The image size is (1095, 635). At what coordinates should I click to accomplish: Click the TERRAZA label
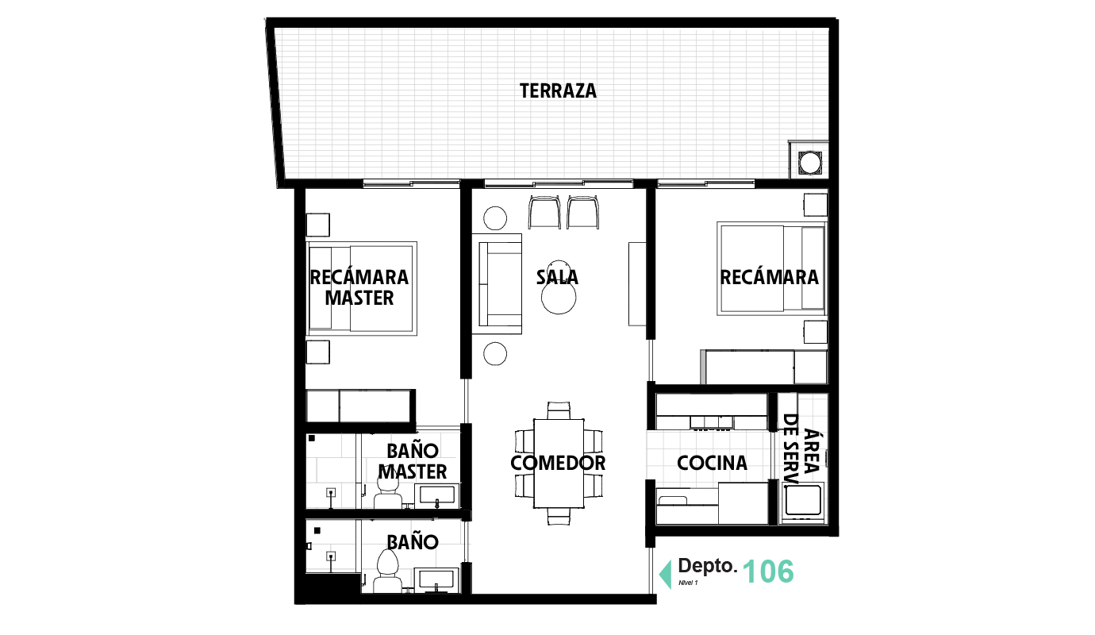(558, 90)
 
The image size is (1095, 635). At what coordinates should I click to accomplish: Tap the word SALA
(557, 278)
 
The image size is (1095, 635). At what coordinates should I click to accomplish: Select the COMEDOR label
(558, 463)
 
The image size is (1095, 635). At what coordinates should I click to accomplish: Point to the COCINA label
(712, 463)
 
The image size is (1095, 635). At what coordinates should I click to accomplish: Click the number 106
(767, 571)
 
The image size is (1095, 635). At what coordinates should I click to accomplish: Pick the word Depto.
(707, 567)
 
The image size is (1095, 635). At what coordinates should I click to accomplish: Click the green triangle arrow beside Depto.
(665, 572)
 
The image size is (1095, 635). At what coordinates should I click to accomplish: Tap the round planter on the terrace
(809, 163)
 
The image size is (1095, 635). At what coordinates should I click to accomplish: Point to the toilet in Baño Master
(387, 498)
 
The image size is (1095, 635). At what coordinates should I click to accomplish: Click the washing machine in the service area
(802, 502)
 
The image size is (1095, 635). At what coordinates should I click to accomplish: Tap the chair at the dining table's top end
(559, 410)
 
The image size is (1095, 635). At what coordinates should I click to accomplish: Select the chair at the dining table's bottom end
(559, 518)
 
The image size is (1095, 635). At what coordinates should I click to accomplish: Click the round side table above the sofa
(496, 217)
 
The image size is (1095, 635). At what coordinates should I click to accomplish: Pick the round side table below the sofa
(496, 354)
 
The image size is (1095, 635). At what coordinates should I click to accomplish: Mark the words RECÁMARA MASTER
(359, 287)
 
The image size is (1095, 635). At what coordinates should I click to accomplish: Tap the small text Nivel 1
(688, 583)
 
